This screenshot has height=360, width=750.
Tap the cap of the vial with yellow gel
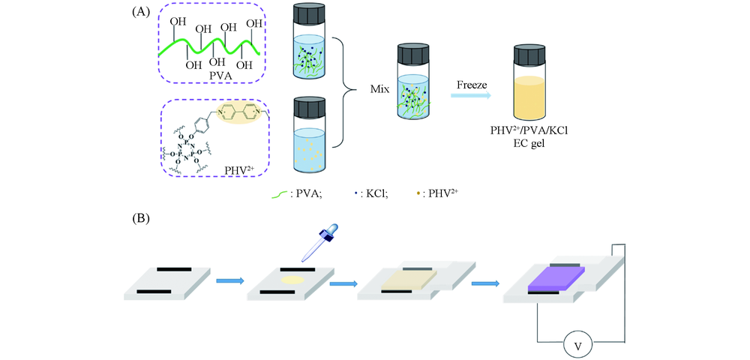[x=528, y=57]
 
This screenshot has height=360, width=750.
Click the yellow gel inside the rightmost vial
[x=528, y=97]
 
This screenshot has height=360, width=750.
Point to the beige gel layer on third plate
[x=409, y=279]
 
